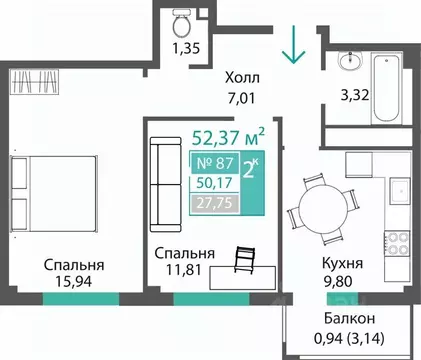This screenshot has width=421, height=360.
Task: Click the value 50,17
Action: click(213, 182)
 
